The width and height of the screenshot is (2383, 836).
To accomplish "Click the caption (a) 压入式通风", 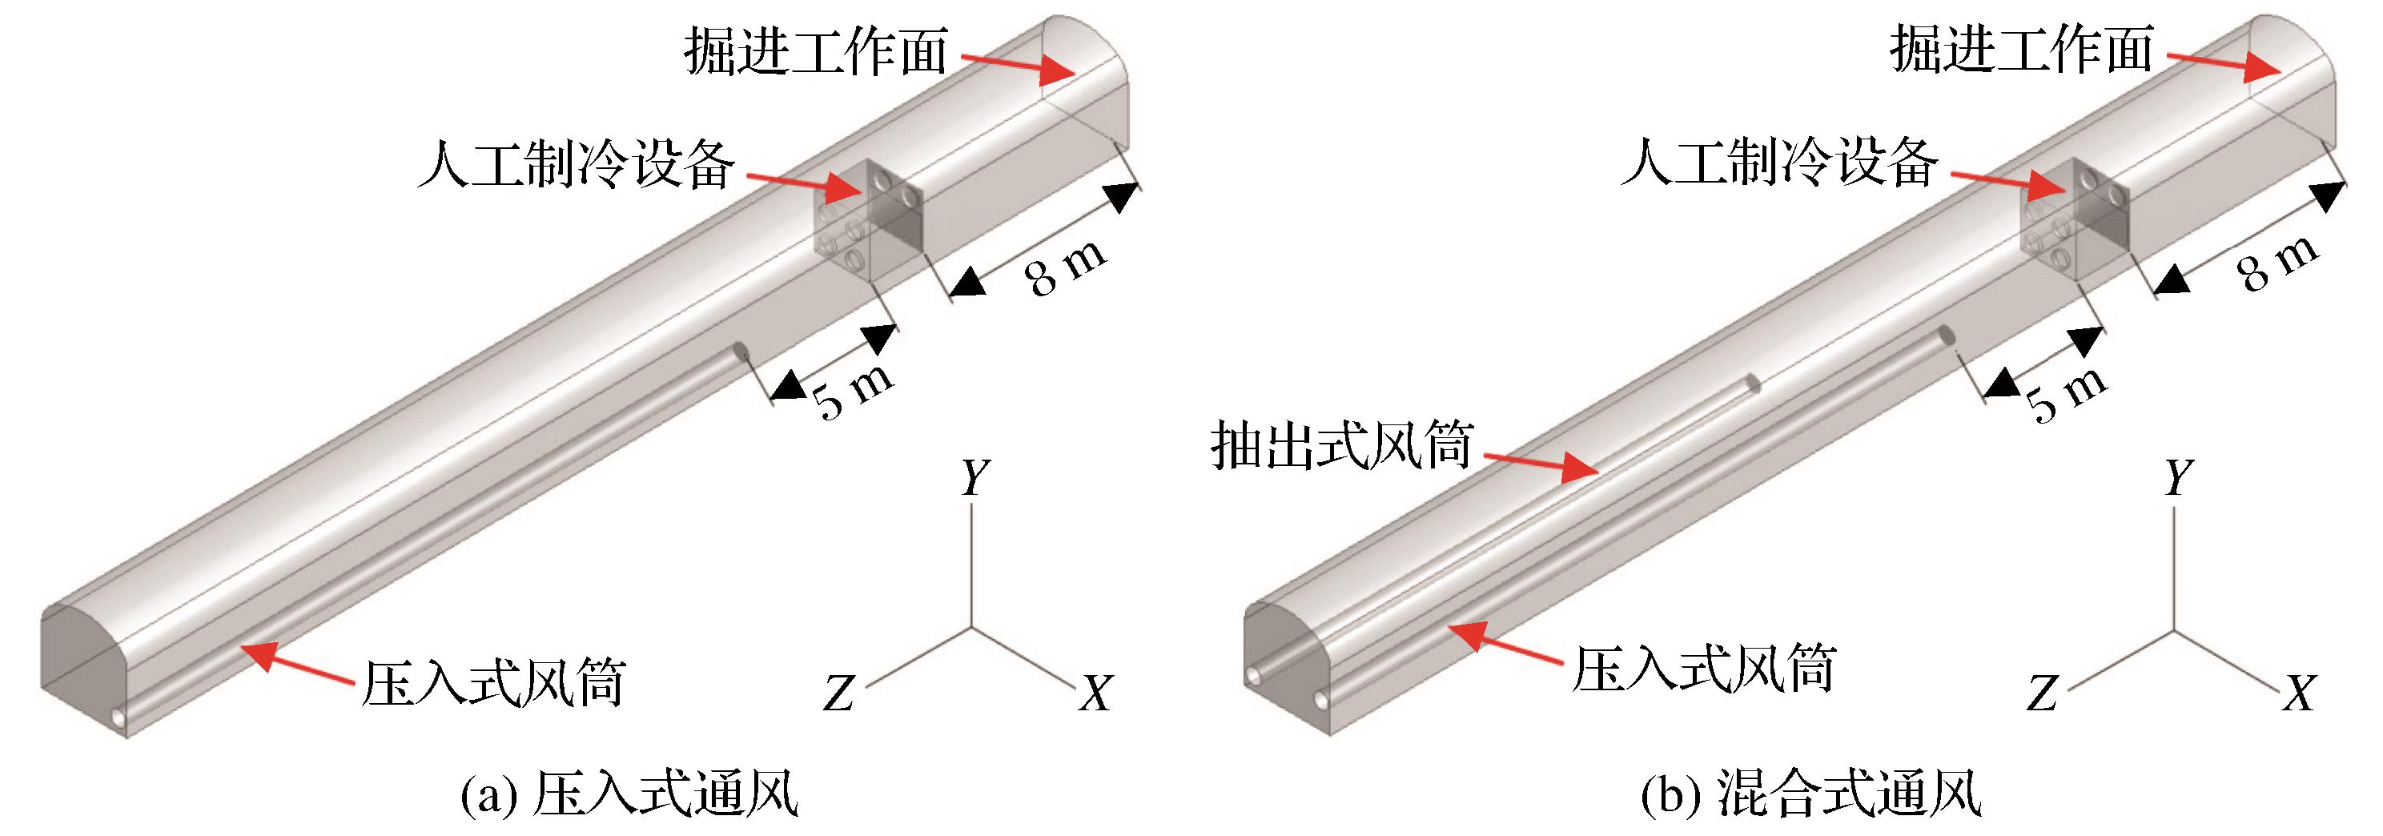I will pos(629,794).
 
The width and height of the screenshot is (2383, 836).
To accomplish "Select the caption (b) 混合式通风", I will pos(1810,794).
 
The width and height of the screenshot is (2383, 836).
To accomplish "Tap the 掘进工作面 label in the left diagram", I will pos(816,52).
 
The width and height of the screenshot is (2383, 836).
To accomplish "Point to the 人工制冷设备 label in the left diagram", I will pos(577,166).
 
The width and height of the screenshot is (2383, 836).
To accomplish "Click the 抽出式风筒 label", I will pos(1340,447).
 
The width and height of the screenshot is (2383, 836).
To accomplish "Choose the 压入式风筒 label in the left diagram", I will pos(493,682).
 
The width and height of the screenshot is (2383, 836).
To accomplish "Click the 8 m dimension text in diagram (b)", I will pos(2277,263).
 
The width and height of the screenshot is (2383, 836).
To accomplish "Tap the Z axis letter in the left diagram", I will pos(838,693).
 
